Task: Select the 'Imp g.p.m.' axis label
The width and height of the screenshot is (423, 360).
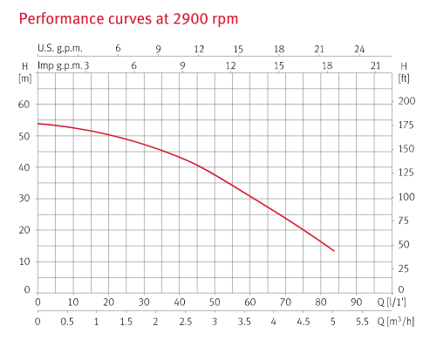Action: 60,65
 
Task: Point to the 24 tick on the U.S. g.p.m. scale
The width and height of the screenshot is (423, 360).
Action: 359,49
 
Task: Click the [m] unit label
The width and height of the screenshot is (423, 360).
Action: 24,78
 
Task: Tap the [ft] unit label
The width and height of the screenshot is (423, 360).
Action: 403,78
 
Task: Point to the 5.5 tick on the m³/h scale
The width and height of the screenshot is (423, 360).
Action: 361,321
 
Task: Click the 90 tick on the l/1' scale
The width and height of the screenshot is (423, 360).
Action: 356,303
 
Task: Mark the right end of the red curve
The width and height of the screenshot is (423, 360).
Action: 334,251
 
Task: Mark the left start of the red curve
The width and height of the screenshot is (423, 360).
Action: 38,124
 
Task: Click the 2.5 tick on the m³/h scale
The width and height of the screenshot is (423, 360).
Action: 185,321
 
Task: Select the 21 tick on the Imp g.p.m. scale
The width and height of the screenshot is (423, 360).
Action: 375,65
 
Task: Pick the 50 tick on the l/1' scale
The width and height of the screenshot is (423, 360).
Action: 215,303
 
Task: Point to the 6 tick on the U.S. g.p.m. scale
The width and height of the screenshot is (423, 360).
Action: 118,49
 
